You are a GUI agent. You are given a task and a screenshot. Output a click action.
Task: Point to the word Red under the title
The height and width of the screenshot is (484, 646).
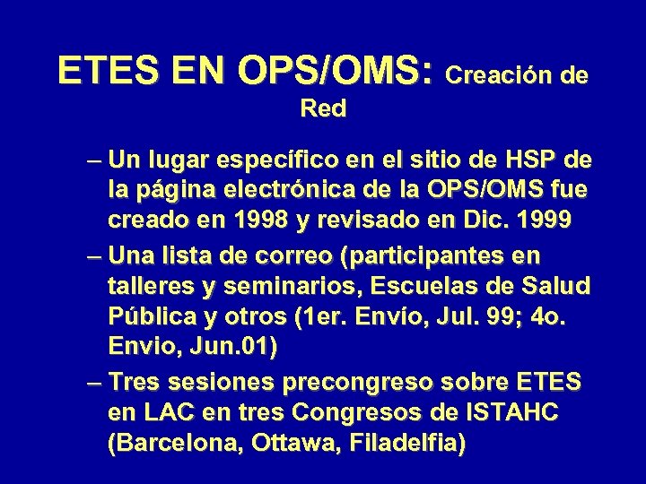[x=324, y=109]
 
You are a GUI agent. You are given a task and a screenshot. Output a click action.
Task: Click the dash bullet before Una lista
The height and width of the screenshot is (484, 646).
[x=96, y=256]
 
